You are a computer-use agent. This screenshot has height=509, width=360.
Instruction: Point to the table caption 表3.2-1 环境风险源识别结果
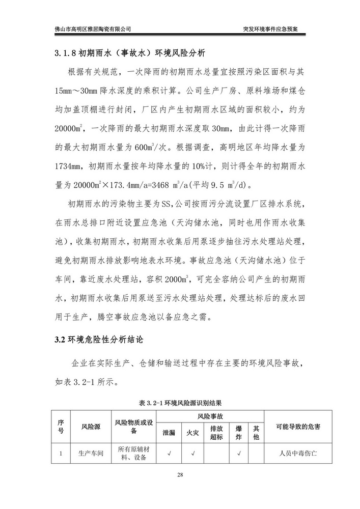click(180, 403)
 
